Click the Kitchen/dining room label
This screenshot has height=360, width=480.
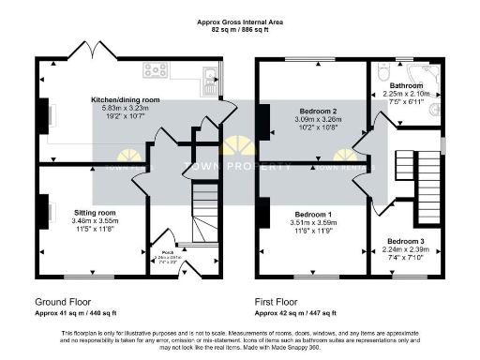[x=125, y=99]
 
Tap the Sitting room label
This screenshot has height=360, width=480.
[x=94, y=213]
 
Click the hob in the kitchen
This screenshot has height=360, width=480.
[x=156, y=69]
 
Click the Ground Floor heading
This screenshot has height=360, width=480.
[x=68, y=303]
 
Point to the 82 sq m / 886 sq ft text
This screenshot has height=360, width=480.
[x=239, y=31]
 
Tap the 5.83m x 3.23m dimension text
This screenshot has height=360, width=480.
[x=125, y=109]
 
